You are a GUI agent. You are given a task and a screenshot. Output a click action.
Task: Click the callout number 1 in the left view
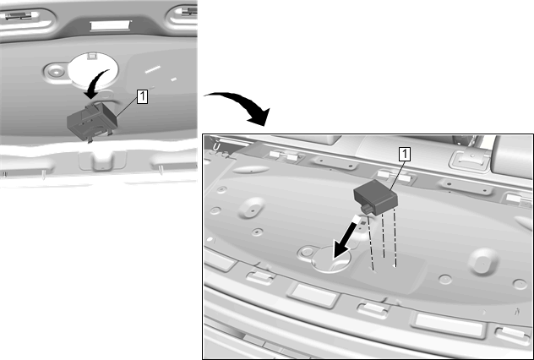tap(142, 96)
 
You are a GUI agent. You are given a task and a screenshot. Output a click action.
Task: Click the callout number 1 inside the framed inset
tap(405, 155)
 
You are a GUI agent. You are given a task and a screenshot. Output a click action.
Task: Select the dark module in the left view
tap(92, 122)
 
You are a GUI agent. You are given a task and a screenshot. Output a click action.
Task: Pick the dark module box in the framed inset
tap(376, 197)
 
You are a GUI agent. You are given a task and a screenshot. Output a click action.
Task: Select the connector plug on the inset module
tap(366, 209)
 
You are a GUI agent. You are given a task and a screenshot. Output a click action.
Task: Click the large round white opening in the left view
tap(93, 70)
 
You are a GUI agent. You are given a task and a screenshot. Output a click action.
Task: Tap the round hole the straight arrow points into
tap(331, 259)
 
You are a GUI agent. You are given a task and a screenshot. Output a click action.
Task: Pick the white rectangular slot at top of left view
tap(111, 25)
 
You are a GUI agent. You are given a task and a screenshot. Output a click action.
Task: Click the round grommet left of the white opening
tap(55, 72)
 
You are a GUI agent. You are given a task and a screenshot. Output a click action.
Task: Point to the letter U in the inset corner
tap(215, 147)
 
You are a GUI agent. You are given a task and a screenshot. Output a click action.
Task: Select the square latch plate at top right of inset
tap(470, 160)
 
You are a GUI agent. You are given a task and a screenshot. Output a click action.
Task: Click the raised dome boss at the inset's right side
tap(483, 261)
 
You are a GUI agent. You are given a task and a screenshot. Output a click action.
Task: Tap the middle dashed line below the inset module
tap(384, 235)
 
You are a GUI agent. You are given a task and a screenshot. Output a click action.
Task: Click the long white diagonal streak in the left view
tap(153, 69)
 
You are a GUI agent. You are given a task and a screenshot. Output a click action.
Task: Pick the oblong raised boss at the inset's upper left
tap(252, 169)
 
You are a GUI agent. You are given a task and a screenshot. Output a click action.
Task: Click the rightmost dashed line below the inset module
tap(395, 237)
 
